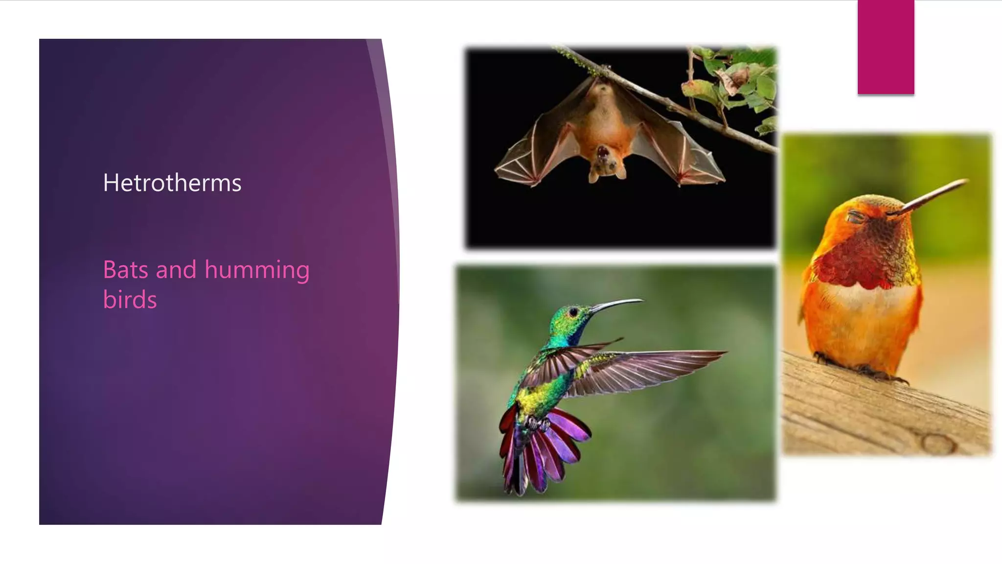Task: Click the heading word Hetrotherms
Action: pyautogui.click(x=172, y=183)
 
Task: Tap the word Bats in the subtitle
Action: pyautogui.click(x=125, y=270)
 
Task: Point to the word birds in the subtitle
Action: pyautogui.click(x=130, y=300)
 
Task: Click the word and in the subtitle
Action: pyautogui.click(x=176, y=270)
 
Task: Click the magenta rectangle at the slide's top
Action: pyautogui.click(x=886, y=47)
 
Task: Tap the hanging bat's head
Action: pyautogui.click(x=607, y=162)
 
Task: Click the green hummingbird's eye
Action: pyautogui.click(x=573, y=311)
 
